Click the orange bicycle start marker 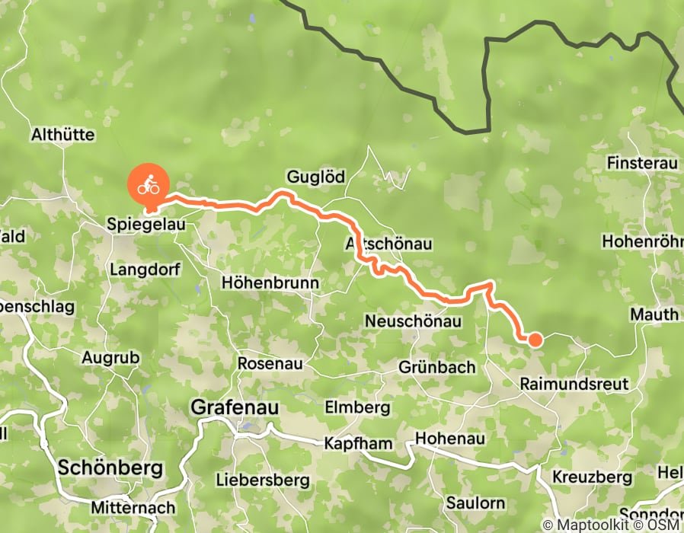(149, 185)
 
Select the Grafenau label (235, 407)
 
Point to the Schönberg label (110, 468)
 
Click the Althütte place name (62, 135)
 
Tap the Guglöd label (315, 177)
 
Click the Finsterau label (641, 163)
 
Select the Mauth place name (654, 314)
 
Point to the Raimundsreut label (574, 384)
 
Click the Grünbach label (437, 367)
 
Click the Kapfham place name (359, 443)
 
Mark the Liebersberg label (263, 480)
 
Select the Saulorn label (475, 503)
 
